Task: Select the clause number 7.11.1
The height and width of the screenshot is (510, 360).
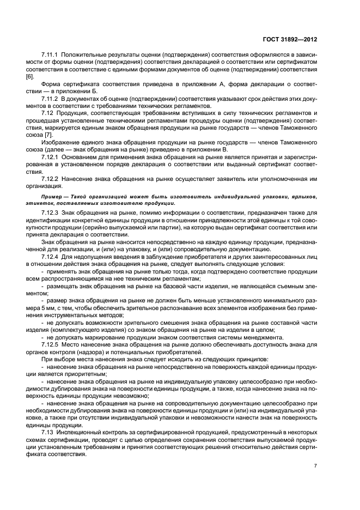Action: (x=51, y=56)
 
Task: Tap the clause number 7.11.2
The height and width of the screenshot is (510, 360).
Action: (x=51, y=99)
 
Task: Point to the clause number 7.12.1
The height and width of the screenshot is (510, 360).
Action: (x=51, y=156)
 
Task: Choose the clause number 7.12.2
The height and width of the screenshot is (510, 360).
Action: (x=51, y=178)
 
